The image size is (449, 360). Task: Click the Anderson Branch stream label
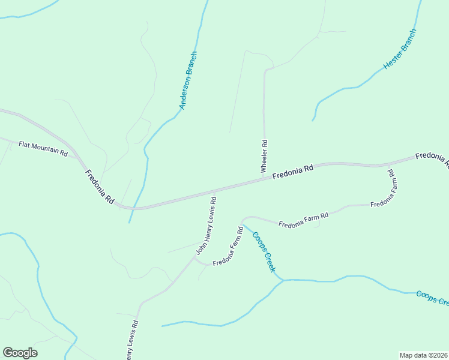click(x=188, y=80)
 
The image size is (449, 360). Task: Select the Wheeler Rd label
click(x=264, y=157)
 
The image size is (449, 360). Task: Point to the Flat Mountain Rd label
click(x=43, y=148)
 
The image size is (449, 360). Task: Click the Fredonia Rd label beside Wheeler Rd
click(x=293, y=173)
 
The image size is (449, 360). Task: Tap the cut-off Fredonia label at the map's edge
click(x=432, y=158)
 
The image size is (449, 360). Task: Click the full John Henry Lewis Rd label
click(x=205, y=226)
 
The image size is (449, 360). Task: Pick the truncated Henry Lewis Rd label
click(x=133, y=340)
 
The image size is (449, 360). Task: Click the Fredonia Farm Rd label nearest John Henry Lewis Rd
click(x=227, y=247)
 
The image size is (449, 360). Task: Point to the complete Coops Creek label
click(x=264, y=252)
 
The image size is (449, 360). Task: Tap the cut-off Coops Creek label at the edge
click(x=432, y=298)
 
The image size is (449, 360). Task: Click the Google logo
click(x=20, y=353)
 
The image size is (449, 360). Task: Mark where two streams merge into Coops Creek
click(x=283, y=280)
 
